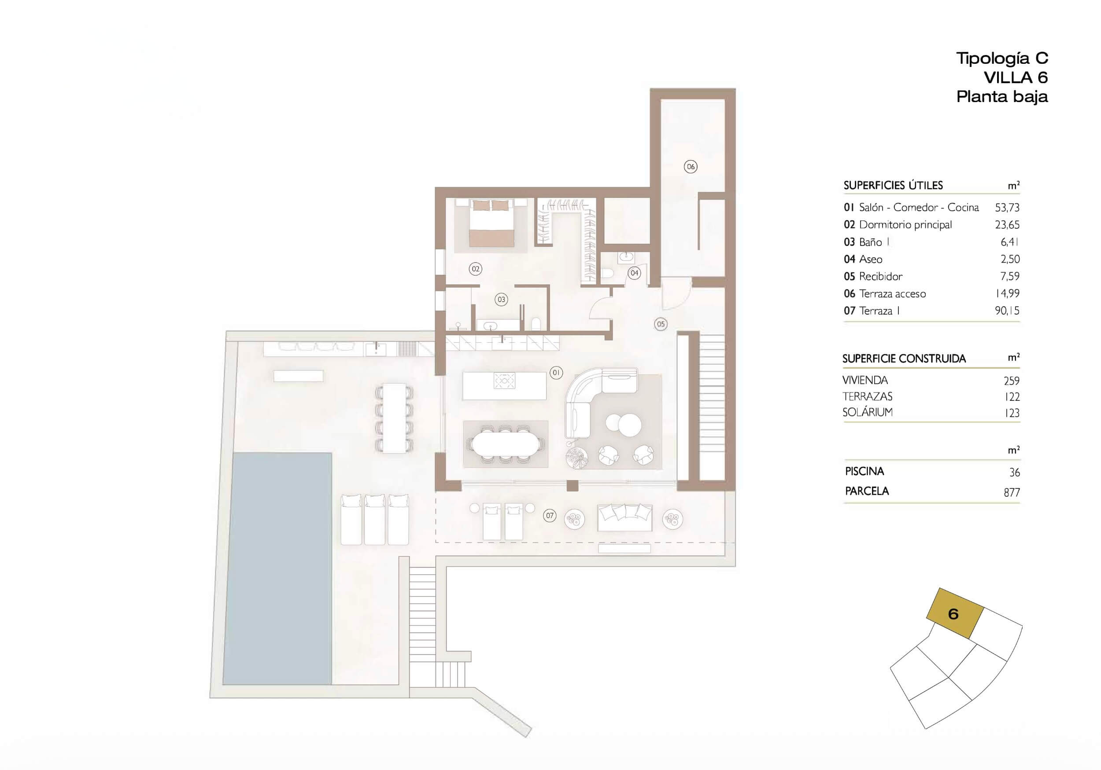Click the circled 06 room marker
coord(691,167)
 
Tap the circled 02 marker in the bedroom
coord(475,269)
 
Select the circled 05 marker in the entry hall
coord(661,324)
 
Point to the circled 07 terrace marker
coord(550,516)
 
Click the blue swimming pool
coord(277,568)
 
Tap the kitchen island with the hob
coord(504,386)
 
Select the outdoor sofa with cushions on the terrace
coord(624,517)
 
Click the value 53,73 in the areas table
coord(1007,208)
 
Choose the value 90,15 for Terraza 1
coord(1007,311)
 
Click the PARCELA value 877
coord(1012,492)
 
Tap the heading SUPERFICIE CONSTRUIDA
coord(904,359)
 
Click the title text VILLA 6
coord(1016,77)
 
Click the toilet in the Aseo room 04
coord(608,274)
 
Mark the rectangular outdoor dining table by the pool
coord(394,418)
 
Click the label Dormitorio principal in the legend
coord(905,225)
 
